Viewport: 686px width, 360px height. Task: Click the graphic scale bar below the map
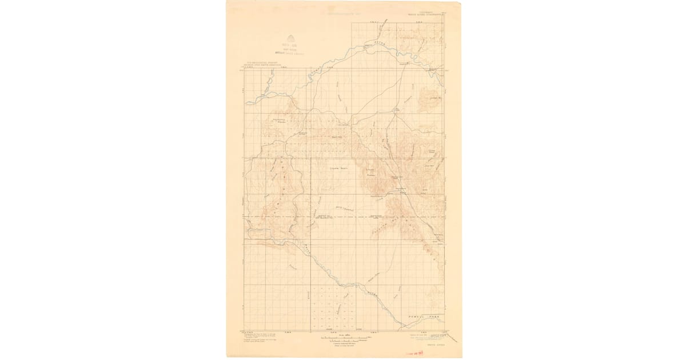pos(342,339)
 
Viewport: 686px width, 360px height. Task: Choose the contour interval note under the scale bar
pos(342,345)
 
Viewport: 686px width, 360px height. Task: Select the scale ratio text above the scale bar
pos(342,335)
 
